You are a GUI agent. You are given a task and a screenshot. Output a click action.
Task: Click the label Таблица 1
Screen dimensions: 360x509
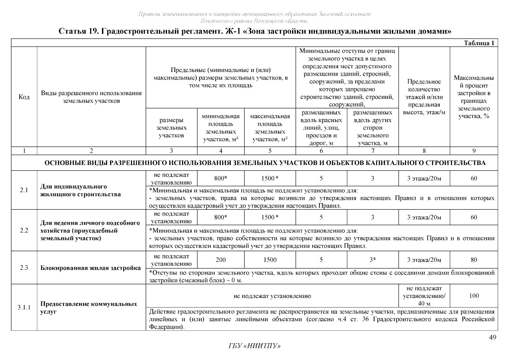(479, 43)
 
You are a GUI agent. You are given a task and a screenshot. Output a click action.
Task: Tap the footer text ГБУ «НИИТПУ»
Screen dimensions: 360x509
(254, 346)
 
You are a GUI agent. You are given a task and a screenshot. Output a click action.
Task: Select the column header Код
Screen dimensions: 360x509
(24, 97)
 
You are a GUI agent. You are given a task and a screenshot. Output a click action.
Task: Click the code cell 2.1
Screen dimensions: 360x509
(24, 190)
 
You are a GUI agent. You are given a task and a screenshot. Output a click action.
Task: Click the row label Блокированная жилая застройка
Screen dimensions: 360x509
(91, 268)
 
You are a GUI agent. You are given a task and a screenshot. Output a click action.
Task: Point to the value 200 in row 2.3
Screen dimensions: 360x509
(221, 260)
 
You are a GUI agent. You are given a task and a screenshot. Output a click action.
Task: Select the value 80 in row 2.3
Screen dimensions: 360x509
(474, 260)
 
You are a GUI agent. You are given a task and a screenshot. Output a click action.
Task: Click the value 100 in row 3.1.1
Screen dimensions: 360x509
(474, 296)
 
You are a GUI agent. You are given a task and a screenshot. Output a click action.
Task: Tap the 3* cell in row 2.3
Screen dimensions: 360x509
(373, 260)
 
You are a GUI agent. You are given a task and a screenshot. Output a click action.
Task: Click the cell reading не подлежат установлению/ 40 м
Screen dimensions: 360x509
(424, 296)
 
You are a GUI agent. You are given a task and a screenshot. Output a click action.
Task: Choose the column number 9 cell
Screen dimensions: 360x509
(474, 151)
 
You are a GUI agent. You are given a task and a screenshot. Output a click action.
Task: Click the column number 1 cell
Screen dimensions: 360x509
(24, 151)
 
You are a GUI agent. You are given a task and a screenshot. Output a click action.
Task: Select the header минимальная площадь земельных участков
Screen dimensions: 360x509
(221, 127)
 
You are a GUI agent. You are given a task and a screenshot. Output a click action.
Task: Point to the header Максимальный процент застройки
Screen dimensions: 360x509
(474, 97)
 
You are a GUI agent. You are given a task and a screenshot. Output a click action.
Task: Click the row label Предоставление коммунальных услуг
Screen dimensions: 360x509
(89, 308)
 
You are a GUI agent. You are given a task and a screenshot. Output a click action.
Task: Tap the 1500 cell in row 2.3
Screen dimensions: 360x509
(270, 260)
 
